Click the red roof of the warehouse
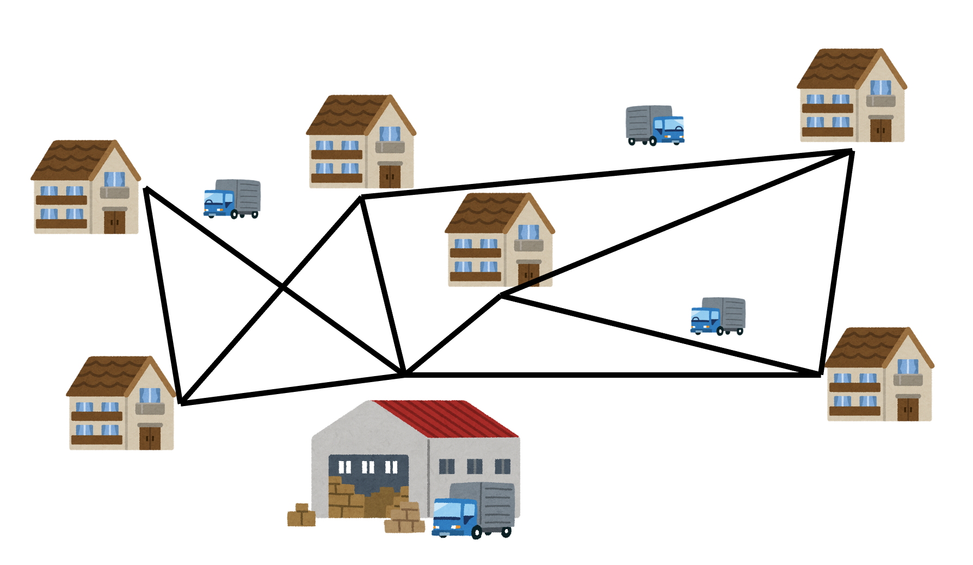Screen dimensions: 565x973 (x=446, y=418)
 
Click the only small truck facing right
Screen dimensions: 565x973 (x=655, y=125)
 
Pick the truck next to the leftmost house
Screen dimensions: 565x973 (x=232, y=199)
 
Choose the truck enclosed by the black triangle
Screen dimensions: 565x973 (x=718, y=316)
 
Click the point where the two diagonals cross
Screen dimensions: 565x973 (x=283, y=287)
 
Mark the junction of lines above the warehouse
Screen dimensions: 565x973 (x=404, y=374)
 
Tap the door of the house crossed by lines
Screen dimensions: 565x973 (x=528, y=274)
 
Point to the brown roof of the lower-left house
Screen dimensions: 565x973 (x=109, y=376)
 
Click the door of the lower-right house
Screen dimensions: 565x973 (x=907, y=409)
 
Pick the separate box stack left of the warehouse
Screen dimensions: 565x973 (x=301, y=515)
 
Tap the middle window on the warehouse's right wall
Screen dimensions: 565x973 (x=474, y=466)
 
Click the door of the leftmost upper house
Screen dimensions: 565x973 (x=114, y=222)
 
